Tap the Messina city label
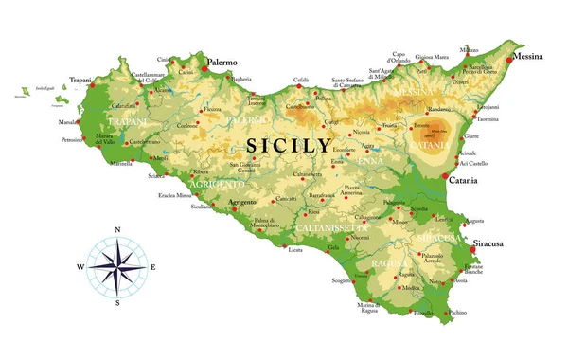coord(528,57)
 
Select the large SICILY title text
coord(289,146)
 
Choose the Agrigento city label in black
coord(244,202)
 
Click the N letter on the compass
coord(116,230)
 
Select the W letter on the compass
coord(80,267)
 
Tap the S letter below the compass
coord(116,304)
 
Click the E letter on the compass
coord(153,267)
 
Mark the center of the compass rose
coord(116,267)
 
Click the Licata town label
coord(295,250)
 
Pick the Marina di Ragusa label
coord(370,308)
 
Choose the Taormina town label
coord(488,120)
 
